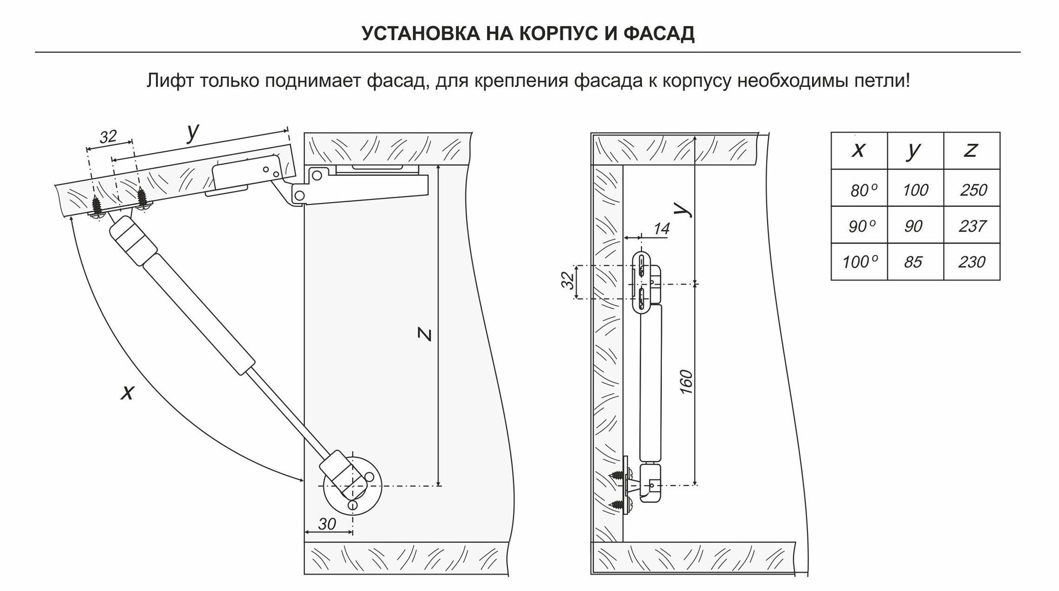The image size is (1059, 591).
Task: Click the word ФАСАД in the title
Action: pyautogui.click(x=659, y=33)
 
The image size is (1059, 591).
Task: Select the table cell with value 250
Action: pyautogui.click(x=973, y=189)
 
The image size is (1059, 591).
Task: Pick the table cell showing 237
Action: pyautogui.click(x=972, y=226)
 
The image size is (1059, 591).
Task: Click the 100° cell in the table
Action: pyautogui.click(x=859, y=262)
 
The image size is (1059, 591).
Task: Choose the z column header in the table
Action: pyautogui.click(x=971, y=150)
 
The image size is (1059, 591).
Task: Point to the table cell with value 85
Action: pyautogui.click(x=914, y=262)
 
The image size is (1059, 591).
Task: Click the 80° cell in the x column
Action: pyautogui.click(x=859, y=189)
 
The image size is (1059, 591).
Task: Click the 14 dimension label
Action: pyautogui.click(x=661, y=229)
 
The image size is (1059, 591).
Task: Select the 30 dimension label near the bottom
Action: pyautogui.click(x=327, y=524)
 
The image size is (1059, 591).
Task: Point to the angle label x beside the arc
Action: pyautogui.click(x=127, y=393)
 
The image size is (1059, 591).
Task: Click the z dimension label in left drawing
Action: pyautogui.click(x=424, y=334)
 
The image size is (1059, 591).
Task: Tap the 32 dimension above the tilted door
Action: pyautogui.click(x=108, y=137)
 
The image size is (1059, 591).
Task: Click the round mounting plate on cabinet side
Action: pyautogui.click(x=352, y=485)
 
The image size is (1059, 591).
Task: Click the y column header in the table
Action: pyautogui.click(x=914, y=150)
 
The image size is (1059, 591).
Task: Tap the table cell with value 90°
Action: pyautogui.click(x=859, y=226)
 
